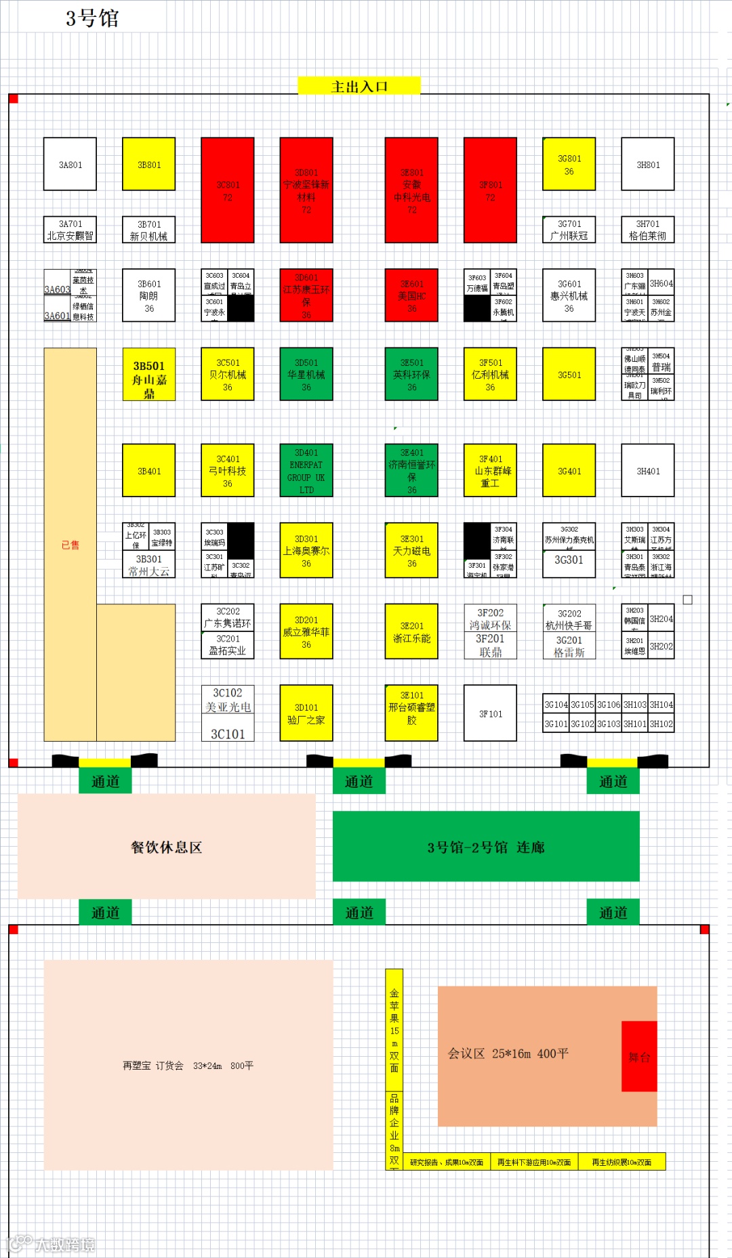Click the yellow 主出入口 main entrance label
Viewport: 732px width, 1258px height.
(x=359, y=86)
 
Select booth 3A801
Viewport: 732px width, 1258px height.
(x=70, y=165)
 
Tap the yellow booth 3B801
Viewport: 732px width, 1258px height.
(x=149, y=165)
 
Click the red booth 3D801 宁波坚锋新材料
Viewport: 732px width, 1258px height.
(x=306, y=190)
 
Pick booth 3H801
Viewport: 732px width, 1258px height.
(x=648, y=165)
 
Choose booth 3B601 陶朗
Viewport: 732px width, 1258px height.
(x=149, y=295)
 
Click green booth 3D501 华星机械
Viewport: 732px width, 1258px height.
(x=306, y=375)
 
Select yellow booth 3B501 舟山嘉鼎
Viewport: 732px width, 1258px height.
(x=149, y=375)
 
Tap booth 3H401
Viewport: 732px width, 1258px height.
(x=648, y=471)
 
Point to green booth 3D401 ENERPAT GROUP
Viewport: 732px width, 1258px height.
(x=306, y=471)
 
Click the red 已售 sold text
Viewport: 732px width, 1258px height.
(x=70, y=545)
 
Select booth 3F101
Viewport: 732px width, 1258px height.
(x=490, y=713)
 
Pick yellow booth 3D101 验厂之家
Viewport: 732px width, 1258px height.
(x=306, y=713)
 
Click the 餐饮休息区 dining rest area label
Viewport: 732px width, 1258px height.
(x=167, y=847)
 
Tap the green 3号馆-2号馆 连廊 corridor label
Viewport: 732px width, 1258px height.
(x=486, y=847)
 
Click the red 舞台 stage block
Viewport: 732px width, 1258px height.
(x=639, y=1056)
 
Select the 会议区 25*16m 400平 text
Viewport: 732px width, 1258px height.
(x=508, y=1053)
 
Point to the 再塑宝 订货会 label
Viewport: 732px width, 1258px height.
(x=188, y=1066)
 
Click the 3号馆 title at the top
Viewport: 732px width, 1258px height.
(x=92, y=18)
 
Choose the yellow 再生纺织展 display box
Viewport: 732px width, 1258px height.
(x=622, y=1162)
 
